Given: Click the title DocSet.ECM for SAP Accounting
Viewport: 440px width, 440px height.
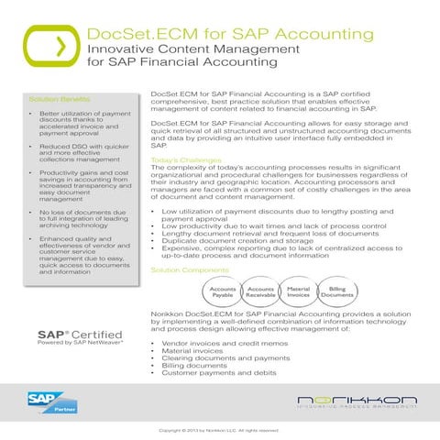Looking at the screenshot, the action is click(x=220, y=35).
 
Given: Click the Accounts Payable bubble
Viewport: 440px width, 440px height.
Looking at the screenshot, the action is click(x=223, y=292).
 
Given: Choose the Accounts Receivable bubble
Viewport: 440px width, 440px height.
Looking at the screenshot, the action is click(x=261, y=292).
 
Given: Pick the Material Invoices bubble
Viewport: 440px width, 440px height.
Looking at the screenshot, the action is click(x=299, y=292).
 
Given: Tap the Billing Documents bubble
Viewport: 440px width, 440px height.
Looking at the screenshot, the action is click(x=336, y=292).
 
